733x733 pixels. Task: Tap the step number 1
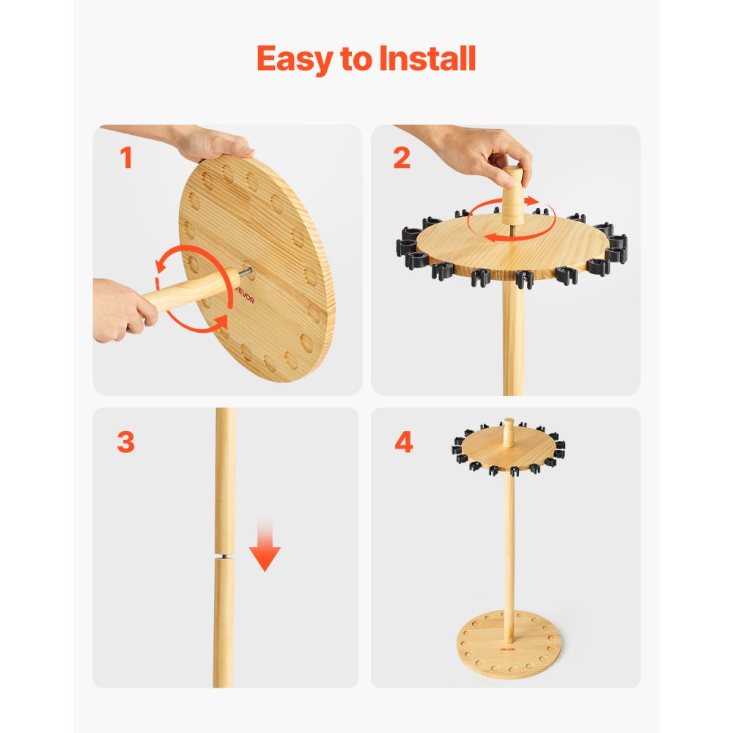click(126, 158)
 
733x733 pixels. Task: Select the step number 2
click(402, 158)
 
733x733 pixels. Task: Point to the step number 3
click(125, 443)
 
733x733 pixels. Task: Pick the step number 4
click(404, 443)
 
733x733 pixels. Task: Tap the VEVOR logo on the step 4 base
click(509, 647)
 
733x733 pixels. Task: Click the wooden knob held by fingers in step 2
click(512, 192)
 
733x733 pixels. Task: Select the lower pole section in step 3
click(224, 623)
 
